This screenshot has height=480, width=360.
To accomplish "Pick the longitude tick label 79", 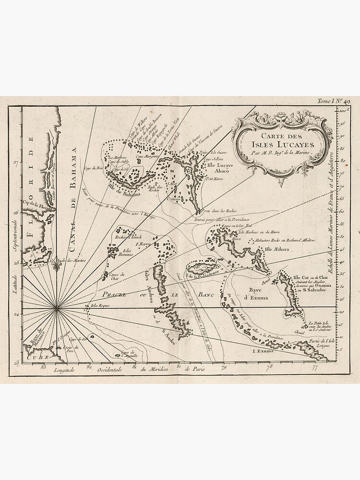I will click(223, 368).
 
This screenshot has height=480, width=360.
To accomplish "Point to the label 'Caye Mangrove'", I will click(146, 156).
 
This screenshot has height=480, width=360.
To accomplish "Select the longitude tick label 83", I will click(43, 368).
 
